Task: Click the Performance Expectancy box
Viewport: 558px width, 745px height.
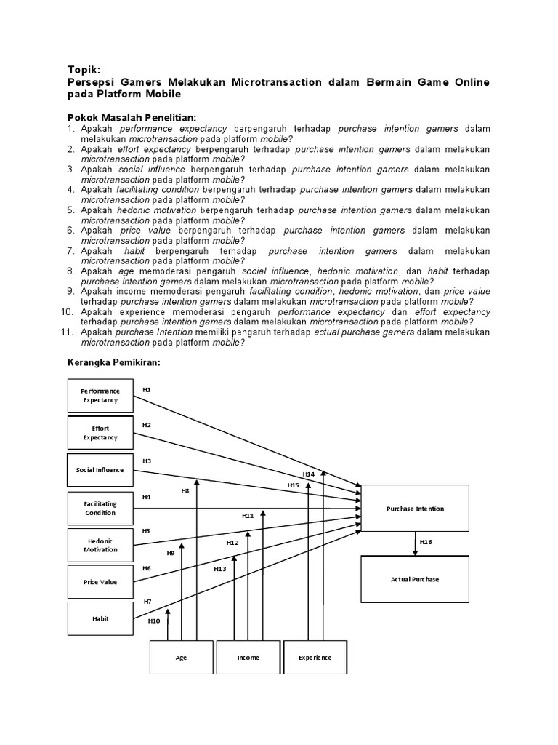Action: tap(100, 396)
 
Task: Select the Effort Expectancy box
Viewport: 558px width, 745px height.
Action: tap(100, 433)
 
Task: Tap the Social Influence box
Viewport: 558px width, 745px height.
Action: tap(100, 470)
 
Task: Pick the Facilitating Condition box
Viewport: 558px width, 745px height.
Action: tap(100, 508)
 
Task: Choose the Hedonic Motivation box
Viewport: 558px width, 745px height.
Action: tap(100, 545)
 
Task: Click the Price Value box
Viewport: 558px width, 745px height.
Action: tap(100, 582)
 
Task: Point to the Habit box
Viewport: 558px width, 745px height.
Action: tap(100, 618)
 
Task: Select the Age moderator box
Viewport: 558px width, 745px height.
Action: tap(181, 657)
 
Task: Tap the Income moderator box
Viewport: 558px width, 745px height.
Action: tap(248, 657)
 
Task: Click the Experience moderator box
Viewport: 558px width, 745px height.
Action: tap(315, 657)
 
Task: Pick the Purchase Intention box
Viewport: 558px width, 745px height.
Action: tap(415, 509)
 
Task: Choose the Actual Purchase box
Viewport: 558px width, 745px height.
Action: tap(415, 579)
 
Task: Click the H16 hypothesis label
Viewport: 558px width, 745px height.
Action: tap(426, 543)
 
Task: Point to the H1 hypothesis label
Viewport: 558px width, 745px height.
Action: tap(147, 390)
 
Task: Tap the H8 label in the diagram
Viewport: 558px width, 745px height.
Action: tap(185, 491)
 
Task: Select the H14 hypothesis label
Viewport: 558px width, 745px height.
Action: tap(309, 474)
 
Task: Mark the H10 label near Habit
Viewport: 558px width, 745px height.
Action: tap(154, 621)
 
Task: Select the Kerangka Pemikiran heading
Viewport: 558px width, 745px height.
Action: tap(113, 362)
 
